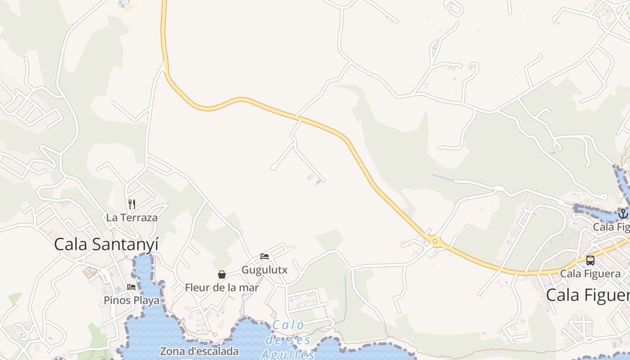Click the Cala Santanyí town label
(x=106, y=244)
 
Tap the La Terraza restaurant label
(x=132, y=218)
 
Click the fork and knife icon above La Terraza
(x=132, y=204)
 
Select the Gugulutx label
(x=265, y=270)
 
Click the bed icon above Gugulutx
(x=265, y=256)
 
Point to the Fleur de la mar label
(x=222, y=288)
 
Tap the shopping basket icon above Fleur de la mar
(x=222, y=274)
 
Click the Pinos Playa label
(x=131, y=300)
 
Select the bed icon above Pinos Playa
(x=131, y=287)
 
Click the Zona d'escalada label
(x=199, y=351)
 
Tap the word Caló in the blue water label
(x=288, y=325)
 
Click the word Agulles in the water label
(x=288, y=355)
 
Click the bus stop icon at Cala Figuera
(x=590, y=260)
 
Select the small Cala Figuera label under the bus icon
(x=590, y=274)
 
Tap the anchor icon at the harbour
(x=623, y=213)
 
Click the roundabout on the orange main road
(x=435, y=242)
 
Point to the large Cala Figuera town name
(x=588, y=296)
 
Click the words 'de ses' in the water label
(x=288, y=340)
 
